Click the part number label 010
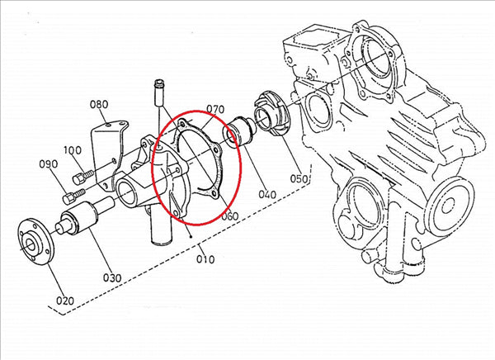(x=205, y=259)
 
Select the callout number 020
(x=65, y=301)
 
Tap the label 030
(x=112, y=277)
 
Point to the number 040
(x=267, y=194)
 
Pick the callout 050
(x=299, y=178)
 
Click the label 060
(x=229, y=216)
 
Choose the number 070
(x=215, y=109)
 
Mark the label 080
(x=99, y=104)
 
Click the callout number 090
(x=49, y=164)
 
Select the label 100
(x=73, y=150)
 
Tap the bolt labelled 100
(x=83, y=177)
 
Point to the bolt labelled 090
(x=74, y=196)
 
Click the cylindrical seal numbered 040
(x=240, y=132)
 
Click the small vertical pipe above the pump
(x=159, y=93)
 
